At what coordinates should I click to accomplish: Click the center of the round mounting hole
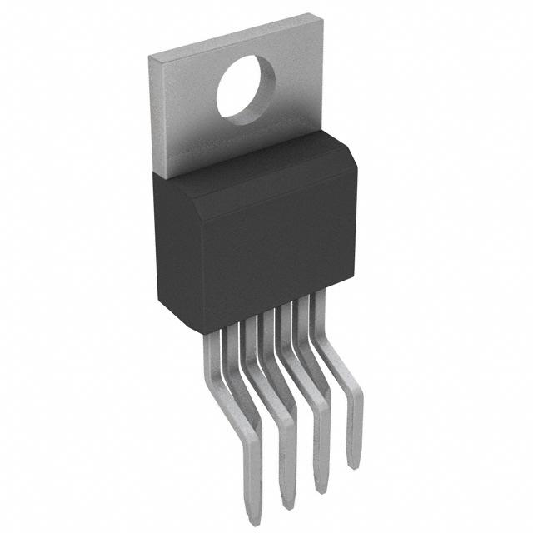(247, 88)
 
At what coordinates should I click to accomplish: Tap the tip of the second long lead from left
(287, 505)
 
